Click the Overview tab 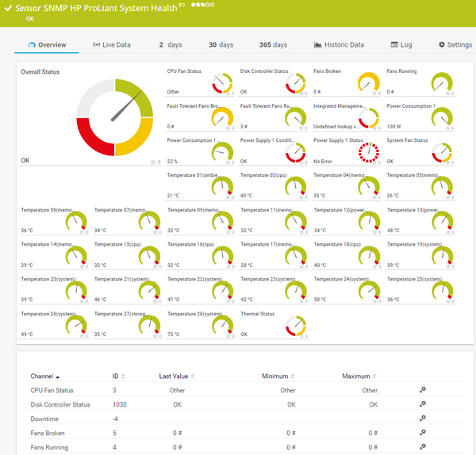click(x=47, y=45)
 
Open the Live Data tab click(x=112, y=45)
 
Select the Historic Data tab click(x=339, y=45)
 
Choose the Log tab click(x=401, y=45)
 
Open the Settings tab click(x=455, y=45)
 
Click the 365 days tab click(x=273, y=45)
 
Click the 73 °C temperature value click(x=173, y=335)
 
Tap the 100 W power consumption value click(x=393, y=126)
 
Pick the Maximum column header click(x=357, y=377)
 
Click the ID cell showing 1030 click(x=120, y=404)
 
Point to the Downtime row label click(x=44, y=419)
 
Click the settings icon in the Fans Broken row click(x=423, y=434)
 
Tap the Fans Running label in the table click(x=48, y=448)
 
